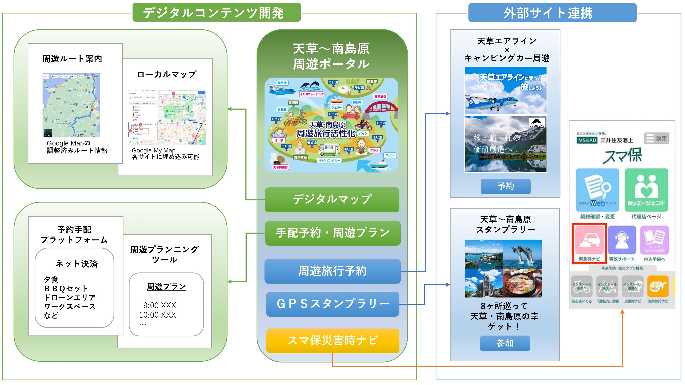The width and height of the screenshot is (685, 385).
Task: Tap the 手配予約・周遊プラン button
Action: (332, 233)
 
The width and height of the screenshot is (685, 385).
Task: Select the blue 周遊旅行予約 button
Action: (332, 271)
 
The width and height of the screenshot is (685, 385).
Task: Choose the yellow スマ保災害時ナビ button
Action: (332, 341)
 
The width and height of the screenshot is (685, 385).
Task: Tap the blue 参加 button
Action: (505, 343)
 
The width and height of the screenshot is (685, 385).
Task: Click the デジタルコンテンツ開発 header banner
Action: (216, 12)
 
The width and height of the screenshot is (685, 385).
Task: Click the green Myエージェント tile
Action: (646, 190)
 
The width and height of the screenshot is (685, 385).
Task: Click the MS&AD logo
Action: (587, 140)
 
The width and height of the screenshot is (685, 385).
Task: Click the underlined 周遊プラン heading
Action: (167, 287)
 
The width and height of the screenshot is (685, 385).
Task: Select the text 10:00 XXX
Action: (157, 315)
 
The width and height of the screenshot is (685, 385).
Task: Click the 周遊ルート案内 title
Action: (72, 59)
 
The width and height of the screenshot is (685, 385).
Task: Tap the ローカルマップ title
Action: (167, 74)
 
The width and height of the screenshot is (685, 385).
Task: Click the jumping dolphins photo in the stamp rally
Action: (522, 254)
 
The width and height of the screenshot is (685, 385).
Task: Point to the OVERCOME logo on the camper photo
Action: (537, 123)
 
